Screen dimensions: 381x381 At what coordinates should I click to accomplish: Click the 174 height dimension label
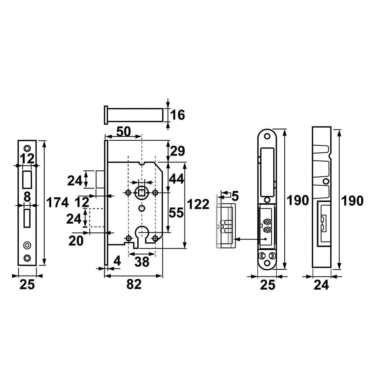click(x=57, y=203)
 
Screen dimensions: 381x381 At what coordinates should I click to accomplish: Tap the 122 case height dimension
click(x=198, y=204)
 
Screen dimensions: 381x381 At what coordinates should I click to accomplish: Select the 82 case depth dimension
click(x=134, y=284)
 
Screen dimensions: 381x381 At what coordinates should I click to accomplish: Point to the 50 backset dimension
click(x=124, y=132)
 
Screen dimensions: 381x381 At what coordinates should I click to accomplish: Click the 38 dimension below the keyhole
click(x=142, y=262)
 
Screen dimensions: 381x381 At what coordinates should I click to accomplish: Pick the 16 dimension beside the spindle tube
click(x=178, y=115)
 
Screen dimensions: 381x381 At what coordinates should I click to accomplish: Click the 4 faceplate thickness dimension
click(x=117, y=261)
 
